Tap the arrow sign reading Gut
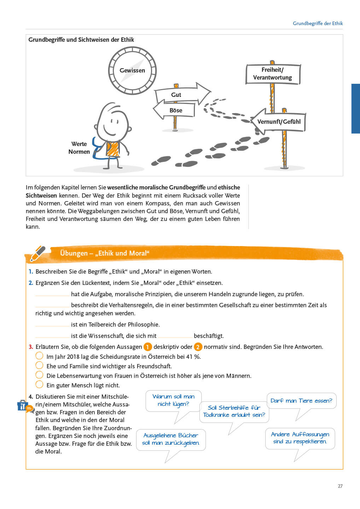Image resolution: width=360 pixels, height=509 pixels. pyautogui.click(x=182, y=94)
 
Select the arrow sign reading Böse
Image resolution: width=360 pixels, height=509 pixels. pyautogui.click(x=174, y=110)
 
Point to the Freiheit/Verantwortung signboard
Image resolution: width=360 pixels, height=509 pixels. pyautogui.click(x=273, y=74)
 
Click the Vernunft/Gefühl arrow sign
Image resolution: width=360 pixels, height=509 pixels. pyautogui.click(x=278, y=122)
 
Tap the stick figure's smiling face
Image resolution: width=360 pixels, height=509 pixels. pyautogui.click(x=113, y=123)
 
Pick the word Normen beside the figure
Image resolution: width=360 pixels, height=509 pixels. pyautogui.click(x=79, y=152)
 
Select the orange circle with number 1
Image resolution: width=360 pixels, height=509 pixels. pyautogui.click(x=147, y=347)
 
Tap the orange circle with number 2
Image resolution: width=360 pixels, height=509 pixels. pyautogui.click(x=198, y=347)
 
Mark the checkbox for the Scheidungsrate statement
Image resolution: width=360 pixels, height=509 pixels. pyautogui.click(x=39, y=356)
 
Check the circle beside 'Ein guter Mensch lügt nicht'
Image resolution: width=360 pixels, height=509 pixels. pyautogui.click(x=39, y=385)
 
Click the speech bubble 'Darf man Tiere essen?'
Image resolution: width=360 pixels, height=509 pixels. pyautogui.click(x=301, y=401)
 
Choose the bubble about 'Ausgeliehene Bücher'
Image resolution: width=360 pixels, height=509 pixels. pyautogui.click(x=171, y=439)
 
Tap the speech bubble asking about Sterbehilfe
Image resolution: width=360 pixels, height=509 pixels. pyautogui.click(x=234, y=412)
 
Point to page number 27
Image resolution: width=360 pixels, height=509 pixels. pyautogui.click(x=340, y=486)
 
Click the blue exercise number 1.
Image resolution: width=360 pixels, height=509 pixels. pyautogui.click(x=31, y=271)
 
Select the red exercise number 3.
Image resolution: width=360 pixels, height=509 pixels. pyautogui.click(x=31, y=347)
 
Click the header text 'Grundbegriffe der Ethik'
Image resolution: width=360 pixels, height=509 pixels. pyautogui.click(x=318, y=23)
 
